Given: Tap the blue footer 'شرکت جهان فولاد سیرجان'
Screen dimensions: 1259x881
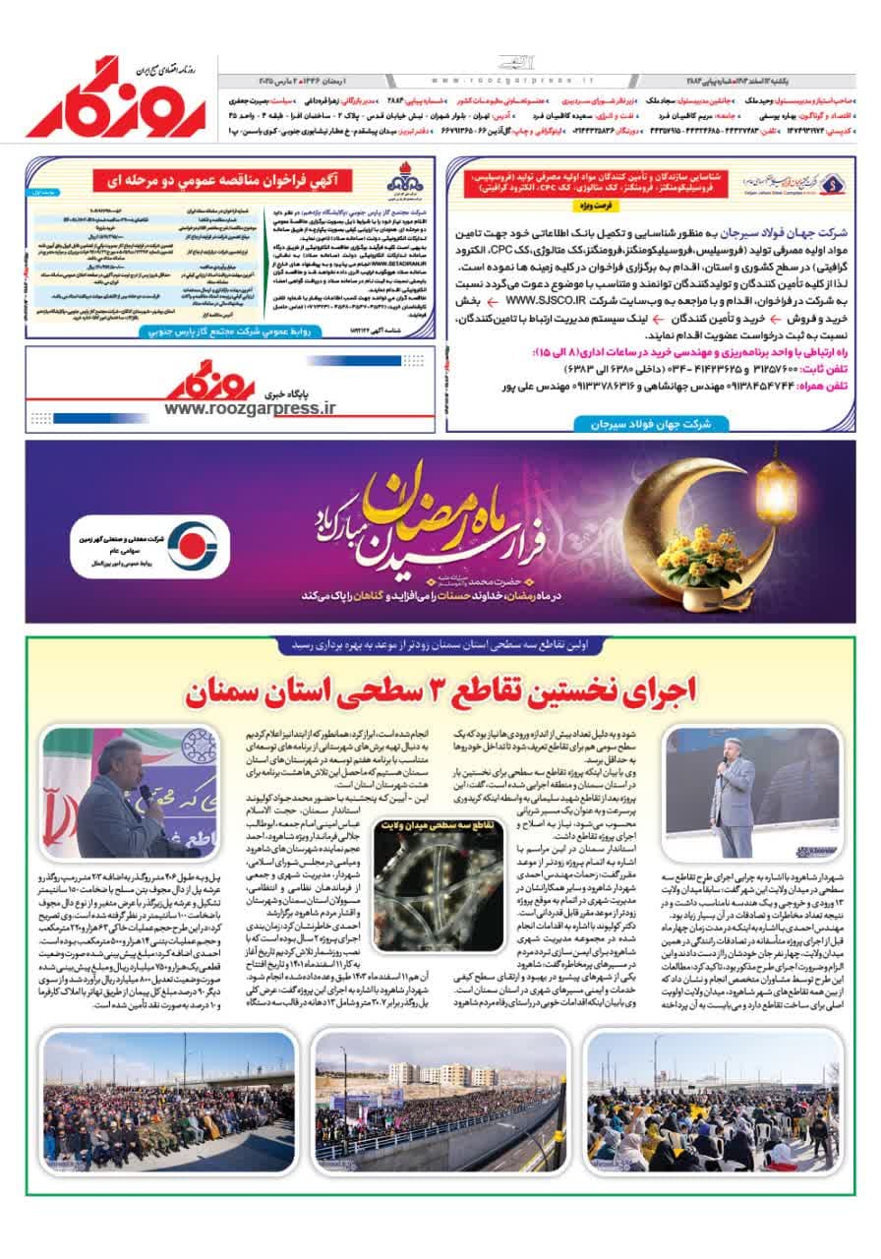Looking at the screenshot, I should tap(643, 424).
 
